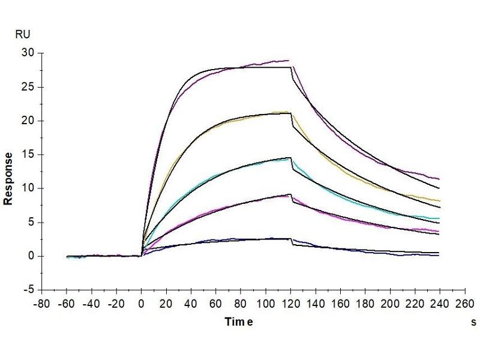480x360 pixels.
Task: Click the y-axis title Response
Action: (x=9, y=178)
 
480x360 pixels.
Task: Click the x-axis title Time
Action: (x=239, y=322)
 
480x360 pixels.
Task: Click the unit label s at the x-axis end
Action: (x=473, y=322)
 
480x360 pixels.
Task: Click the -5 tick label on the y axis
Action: (x=29, y=290)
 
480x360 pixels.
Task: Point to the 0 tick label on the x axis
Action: (x=142, y=303)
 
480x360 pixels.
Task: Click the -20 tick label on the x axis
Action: (x=116, y=303)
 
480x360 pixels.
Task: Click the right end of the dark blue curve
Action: (x=439, y=256)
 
